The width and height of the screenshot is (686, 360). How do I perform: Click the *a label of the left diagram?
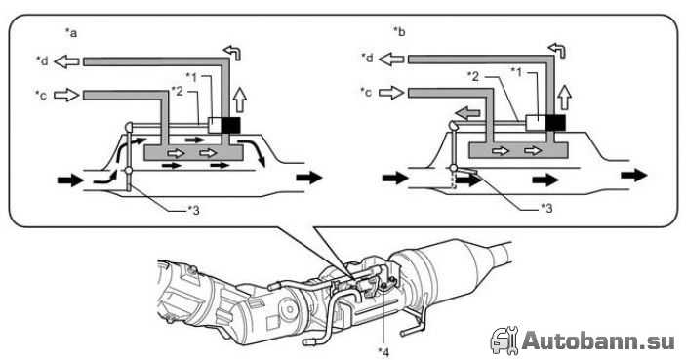coord(71,33)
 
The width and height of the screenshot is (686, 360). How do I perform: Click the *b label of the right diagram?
coord(399,32)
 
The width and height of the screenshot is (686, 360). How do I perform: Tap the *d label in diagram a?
coord(42,60)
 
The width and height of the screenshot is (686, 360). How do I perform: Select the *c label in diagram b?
coord(366,92)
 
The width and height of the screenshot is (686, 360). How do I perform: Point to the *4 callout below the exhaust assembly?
coord(383,351)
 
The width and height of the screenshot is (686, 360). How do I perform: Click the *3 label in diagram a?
coord(193,211)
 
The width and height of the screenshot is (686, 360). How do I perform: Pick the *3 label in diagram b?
coord(546,208)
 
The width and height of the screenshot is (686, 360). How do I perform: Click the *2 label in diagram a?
coord(178,91)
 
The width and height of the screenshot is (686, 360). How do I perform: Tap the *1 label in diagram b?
coord(516,71)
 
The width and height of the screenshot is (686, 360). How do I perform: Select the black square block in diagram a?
coord(230,126)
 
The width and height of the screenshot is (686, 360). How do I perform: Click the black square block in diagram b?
coord(555,123)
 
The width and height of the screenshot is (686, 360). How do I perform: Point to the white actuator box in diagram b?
coord(536,123)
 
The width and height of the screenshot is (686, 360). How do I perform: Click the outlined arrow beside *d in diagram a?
coord(66,61)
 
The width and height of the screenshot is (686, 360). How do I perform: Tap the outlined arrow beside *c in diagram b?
coord(391,93)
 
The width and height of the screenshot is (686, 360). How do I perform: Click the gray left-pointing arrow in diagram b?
coord(467,114)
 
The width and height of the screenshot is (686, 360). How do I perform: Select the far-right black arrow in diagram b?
coord(634,176)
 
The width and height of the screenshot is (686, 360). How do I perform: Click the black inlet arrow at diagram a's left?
coord(70,180)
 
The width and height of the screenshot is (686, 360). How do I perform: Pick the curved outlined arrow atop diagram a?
coord(232,53)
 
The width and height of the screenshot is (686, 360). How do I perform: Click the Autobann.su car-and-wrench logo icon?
coord(504,340)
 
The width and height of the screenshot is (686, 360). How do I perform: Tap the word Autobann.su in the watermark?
coord(598,340)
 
